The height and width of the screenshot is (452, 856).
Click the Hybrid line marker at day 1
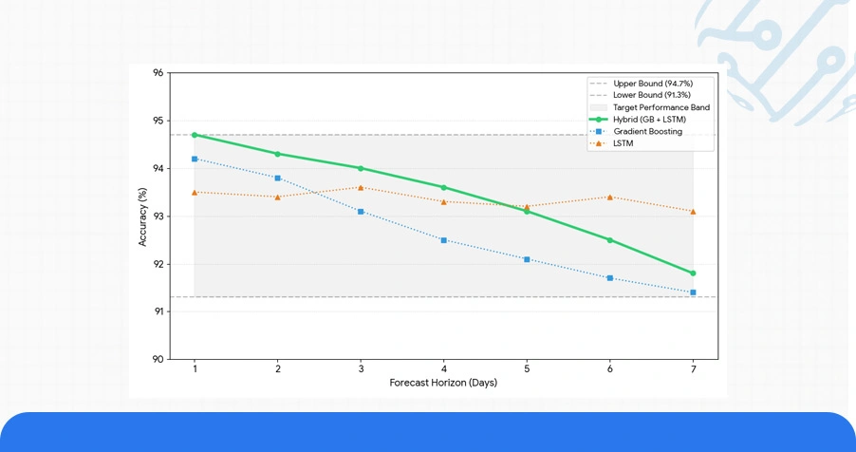(195, 135)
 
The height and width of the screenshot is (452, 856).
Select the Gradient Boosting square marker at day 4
(444, 240)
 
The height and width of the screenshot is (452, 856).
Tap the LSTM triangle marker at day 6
(610, 197)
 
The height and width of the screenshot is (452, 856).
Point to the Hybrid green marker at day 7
(693, 273)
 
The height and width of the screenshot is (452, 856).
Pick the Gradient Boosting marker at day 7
(693, 292)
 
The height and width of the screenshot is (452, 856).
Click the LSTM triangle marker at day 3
(361, 187)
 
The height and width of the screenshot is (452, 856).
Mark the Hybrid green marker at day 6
(610, 240)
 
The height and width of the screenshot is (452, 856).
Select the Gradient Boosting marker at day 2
(277, 178)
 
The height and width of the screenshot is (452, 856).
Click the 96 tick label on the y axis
(158, 73)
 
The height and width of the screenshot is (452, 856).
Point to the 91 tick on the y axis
(158, 311)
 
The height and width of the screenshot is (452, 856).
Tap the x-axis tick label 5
(527, 369)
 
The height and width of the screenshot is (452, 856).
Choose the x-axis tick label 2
(277, 369)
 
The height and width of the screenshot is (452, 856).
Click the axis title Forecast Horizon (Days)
(443, 384)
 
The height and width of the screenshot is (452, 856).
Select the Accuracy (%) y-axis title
(143, 217)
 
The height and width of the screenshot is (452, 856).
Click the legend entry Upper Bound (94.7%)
(652, 84)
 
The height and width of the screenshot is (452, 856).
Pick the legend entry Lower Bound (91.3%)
(651, 95)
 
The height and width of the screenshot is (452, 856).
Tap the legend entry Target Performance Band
(661, 107)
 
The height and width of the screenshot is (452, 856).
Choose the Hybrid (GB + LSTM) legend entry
(649, 120)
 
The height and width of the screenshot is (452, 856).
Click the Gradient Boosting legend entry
(647, 132)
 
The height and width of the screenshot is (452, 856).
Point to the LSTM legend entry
(623, 143)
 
